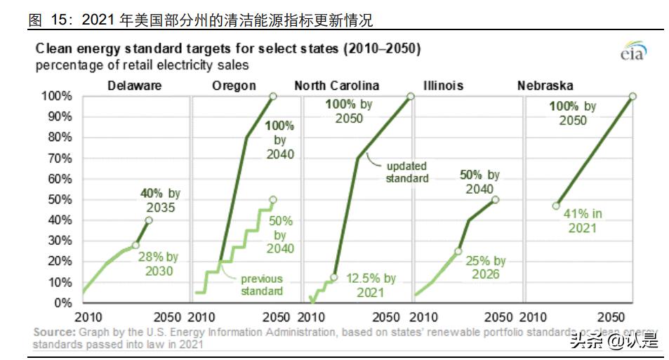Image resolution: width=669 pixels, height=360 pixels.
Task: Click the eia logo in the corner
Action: [632, 53]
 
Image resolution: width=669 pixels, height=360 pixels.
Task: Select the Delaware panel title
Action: [134, 86]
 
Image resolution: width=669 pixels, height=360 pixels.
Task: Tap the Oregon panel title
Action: [234, 86]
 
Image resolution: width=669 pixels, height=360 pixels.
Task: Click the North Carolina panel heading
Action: [336, 86]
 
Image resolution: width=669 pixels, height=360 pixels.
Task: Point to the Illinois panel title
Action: [443, 86]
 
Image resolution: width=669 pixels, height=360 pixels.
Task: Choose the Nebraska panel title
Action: [545, 86]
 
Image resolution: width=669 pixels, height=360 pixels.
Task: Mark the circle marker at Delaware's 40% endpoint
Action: [148, 220]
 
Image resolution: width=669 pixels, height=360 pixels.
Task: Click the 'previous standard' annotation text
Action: [262, 284]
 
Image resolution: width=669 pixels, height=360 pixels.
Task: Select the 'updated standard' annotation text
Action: [406, 172]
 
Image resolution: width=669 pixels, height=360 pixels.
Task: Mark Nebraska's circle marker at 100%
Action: [632, 96]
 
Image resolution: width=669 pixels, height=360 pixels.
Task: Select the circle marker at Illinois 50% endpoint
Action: [495, 199]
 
